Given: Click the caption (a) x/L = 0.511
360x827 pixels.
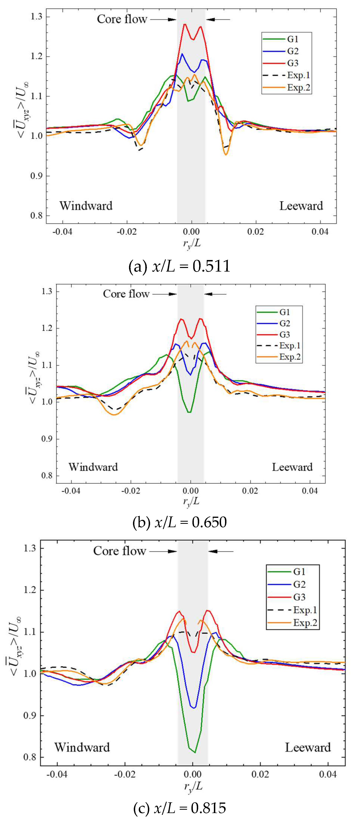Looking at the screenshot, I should [x=179, y=266].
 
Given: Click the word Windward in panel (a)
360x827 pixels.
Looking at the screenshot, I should [x=86, y=206].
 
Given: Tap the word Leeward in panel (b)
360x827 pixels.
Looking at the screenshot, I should [x=292, y=467].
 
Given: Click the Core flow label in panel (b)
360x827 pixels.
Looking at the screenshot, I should [x=126, y=294].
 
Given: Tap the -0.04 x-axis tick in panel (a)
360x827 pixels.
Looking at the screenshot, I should [x=62, y=232].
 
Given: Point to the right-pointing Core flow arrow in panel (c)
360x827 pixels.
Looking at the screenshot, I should [x=163, y=551].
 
